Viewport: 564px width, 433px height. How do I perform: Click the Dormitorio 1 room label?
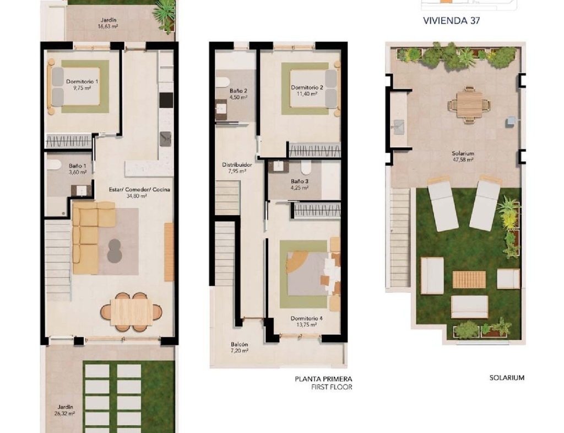point(82,82)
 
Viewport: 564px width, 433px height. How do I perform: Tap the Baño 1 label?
point(77,166)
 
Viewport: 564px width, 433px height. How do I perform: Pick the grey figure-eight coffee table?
point(115,250)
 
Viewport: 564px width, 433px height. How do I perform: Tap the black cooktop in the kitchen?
point(166,100)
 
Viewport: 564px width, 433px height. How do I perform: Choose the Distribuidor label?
point(237,164)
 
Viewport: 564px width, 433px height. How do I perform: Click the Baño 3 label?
point(300,181)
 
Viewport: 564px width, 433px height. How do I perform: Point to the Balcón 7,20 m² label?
point(239,348)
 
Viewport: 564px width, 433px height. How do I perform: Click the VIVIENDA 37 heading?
point(452,20)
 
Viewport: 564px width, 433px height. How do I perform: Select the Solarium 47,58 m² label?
point(463,156)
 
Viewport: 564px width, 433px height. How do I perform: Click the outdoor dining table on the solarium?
point(469,104)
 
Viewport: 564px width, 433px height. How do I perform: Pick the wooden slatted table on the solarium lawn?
point(469,280)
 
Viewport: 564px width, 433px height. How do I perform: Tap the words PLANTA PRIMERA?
point(323,379)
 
